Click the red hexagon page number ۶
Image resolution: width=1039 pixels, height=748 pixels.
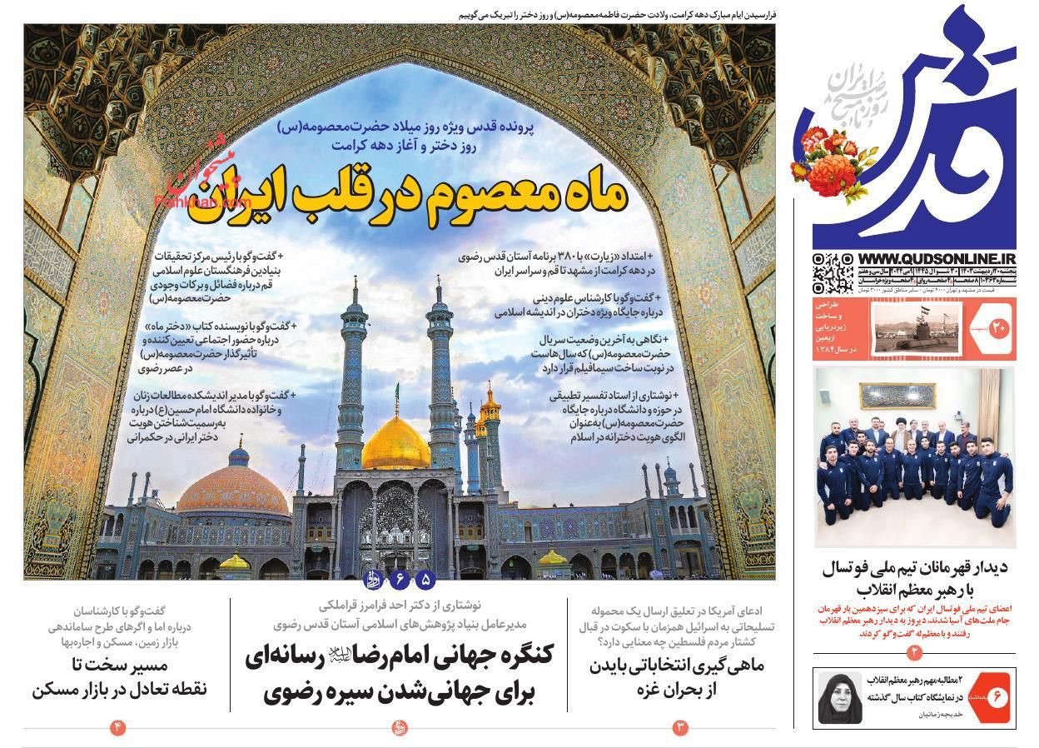pos(995,696)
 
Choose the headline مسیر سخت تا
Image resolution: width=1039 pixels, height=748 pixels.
pos(119,676)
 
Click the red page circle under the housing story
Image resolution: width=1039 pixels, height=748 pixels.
pos(117,728)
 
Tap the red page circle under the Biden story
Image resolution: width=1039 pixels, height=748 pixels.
pos(680,728)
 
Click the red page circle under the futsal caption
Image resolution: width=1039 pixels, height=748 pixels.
pos(913,650)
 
